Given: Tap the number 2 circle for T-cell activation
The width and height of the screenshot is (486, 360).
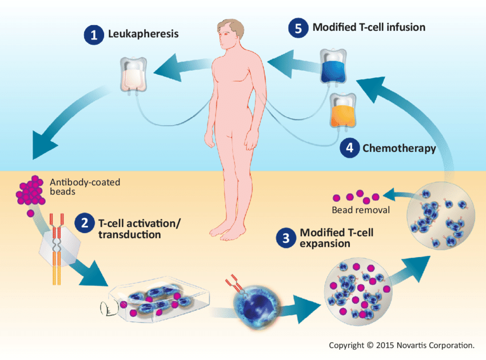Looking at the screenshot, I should coord(84,222).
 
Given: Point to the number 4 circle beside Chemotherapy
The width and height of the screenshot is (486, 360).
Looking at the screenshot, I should coord(349,149).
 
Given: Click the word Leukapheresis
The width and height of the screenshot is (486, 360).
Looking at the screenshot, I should coord(143,34).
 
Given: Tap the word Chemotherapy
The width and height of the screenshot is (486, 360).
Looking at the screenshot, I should coord(399,149).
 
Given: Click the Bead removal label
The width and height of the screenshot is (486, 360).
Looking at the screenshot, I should coord(360,210).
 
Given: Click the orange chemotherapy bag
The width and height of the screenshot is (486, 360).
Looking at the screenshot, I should coord(342,111).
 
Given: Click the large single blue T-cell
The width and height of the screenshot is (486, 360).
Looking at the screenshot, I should coord(254,305).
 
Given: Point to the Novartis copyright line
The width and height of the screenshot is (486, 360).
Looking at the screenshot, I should coord(401,345).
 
